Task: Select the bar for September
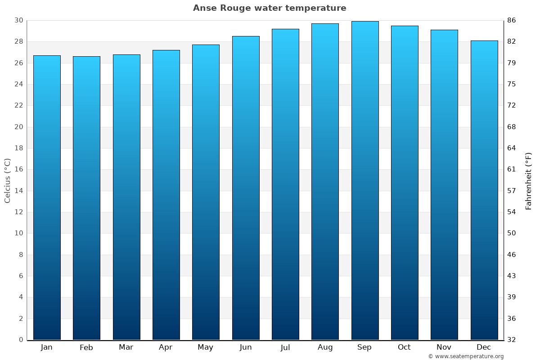[364, 180]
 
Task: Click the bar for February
[86, 198]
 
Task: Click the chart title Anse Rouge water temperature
[270, 8]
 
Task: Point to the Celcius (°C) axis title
[7, 180]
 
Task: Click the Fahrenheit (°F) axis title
[529, 180]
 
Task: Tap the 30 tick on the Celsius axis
[19, 20]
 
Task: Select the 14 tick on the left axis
[19, 191]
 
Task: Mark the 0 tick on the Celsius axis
[21, 340]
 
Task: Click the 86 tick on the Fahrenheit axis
[512, 20]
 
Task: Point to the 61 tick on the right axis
[512, 169]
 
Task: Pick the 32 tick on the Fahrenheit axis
[512, 340]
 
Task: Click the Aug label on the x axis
[325, 347]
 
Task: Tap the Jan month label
[47, 347]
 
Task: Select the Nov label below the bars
[444, 347]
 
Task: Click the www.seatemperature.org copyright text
[465, 356]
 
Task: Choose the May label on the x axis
[206, 347]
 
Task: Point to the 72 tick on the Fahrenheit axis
[512, 105]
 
